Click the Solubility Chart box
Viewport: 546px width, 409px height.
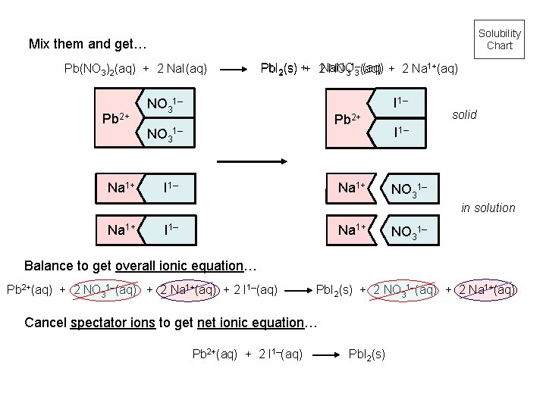[499, 39]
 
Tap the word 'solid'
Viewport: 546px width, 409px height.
[463, 115]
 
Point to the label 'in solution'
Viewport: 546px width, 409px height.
[488, 208]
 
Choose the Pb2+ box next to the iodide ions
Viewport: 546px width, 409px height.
[349, 118]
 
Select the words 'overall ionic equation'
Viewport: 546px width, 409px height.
[178, 267]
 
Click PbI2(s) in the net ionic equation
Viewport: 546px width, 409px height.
[366, 354]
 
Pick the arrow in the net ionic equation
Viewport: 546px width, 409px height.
[327, 354]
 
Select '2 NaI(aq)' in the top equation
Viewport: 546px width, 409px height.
[183, 69]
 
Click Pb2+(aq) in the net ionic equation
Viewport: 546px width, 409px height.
[216, 354]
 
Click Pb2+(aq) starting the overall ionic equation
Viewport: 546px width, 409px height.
[30, 289]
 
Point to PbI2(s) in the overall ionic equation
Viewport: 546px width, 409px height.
[334, 289]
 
